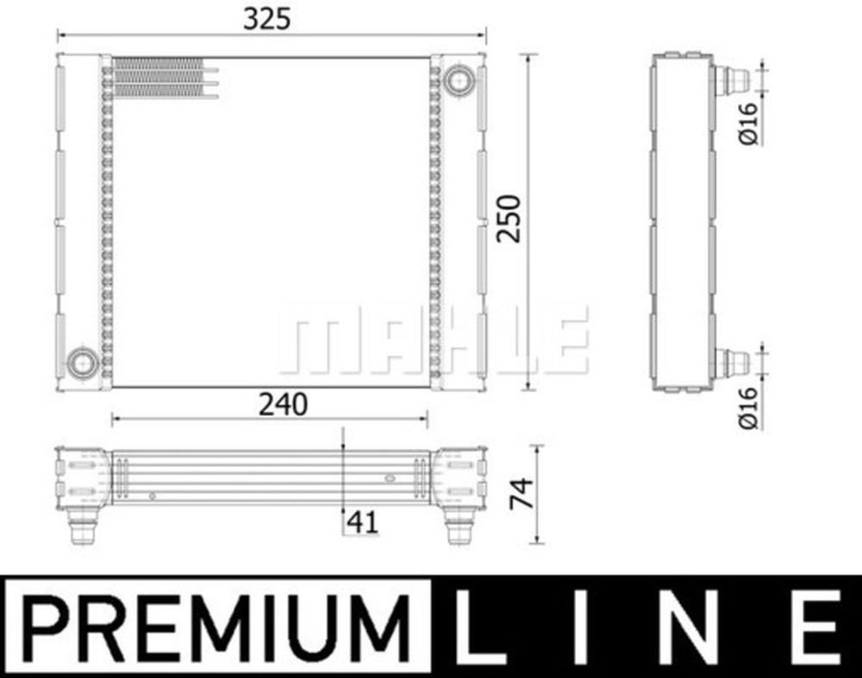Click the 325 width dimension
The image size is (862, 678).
pos(267,20)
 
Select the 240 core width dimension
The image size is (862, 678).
pos(282,404)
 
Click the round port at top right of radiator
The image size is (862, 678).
pos(459,79)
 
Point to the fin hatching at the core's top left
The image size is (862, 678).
pos(159,78)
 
